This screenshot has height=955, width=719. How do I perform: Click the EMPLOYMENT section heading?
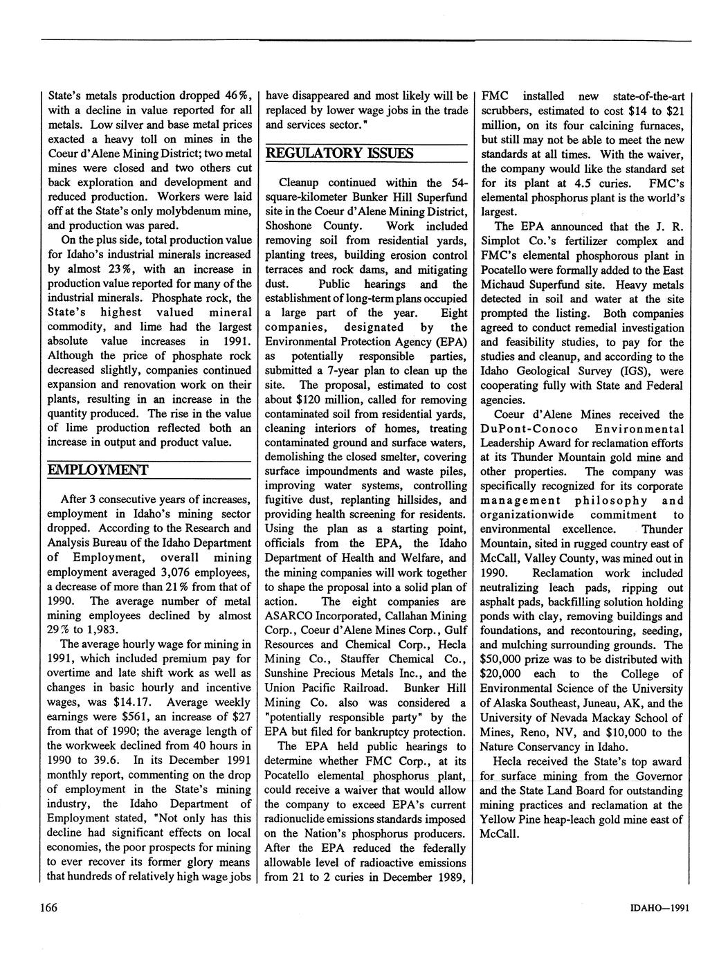(x=98, y=471)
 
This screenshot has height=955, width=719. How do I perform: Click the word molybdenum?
(x=193, y=211)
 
